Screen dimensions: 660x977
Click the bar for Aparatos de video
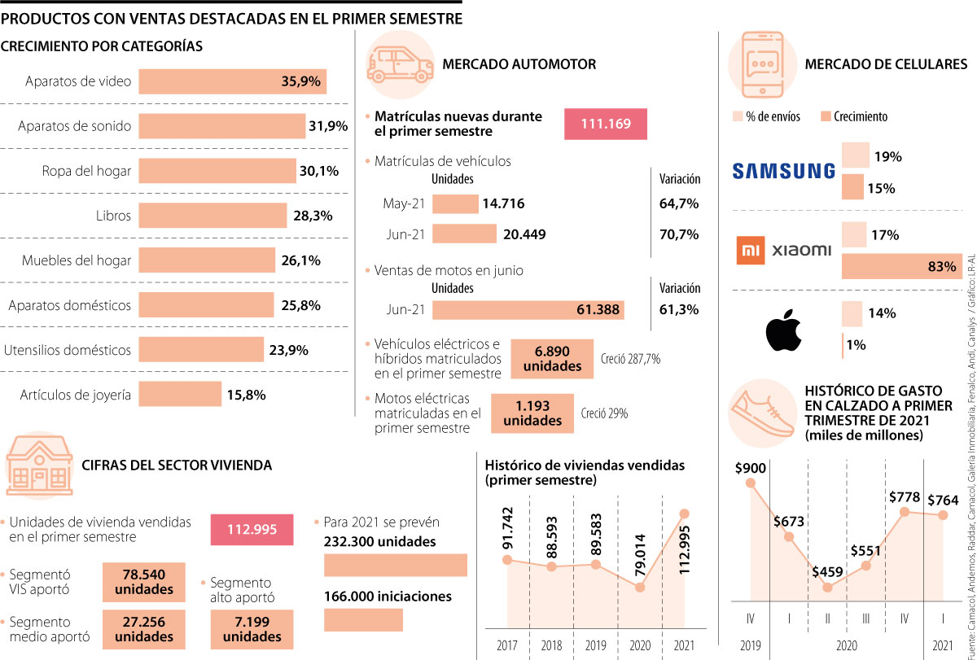(x=232, y=81)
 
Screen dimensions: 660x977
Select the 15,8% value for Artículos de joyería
(x=247, y=396)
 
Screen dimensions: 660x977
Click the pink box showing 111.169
(x=606, y=125)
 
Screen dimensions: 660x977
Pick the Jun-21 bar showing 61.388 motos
(x=528, y=310)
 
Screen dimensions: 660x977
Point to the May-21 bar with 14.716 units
(x=455, y=203)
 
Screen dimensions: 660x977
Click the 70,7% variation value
(x=678, y=234)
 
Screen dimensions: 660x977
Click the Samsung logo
(x=783, y=171)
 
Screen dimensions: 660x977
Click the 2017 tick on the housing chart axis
(x=506, y=645)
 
